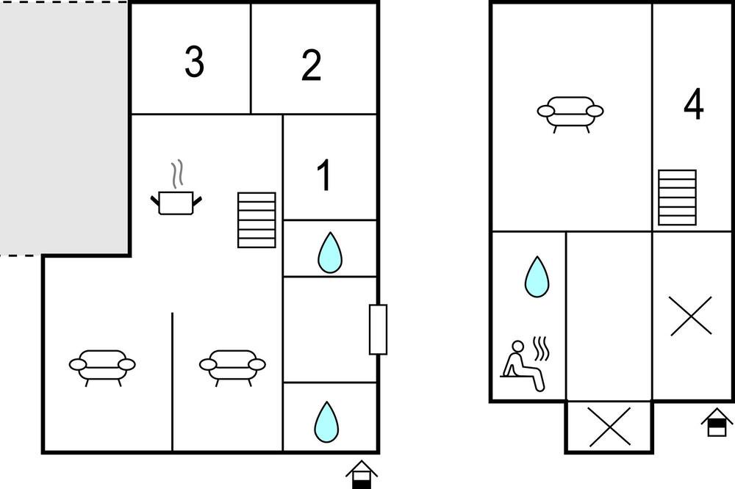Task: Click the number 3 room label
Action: [194, 62]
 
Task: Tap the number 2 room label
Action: [311, 65]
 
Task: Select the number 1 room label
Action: [324, 175]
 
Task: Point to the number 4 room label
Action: [694, 104]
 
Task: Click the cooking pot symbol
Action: [176, 203]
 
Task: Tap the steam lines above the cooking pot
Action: [176, 175]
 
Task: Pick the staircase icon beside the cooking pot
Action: [257, 220]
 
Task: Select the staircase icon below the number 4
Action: [677, 198]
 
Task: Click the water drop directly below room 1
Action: [330, 253]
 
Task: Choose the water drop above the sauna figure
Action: [537, 277]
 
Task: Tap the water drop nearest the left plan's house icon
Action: [326, 422]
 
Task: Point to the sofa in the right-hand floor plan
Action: [570, 114]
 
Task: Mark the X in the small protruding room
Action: [609, 427]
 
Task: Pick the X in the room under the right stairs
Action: [691, 316]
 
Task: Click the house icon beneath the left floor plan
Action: [362, 474]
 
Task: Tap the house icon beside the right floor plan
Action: [717, 422]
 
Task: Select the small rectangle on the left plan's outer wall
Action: [378, 329]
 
